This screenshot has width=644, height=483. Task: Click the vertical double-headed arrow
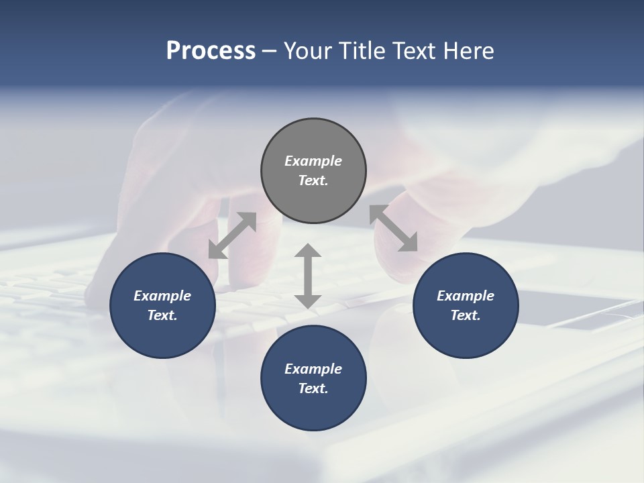[308, 276]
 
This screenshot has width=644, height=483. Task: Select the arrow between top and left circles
[232, 235]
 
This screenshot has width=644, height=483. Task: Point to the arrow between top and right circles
[394, 228]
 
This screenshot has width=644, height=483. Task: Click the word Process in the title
[211, 50]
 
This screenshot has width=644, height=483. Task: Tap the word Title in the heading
[364, 50]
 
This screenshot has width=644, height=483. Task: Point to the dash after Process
[269, 51]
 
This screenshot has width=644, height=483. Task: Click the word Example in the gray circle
[313, 161]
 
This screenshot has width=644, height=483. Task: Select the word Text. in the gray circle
[313, 180]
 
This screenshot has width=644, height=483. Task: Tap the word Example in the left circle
[162, 296]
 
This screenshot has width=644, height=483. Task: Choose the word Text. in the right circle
[466, 315]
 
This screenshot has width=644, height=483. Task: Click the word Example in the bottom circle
[313, 369]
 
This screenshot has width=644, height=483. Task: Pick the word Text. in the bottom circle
[313, 388]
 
